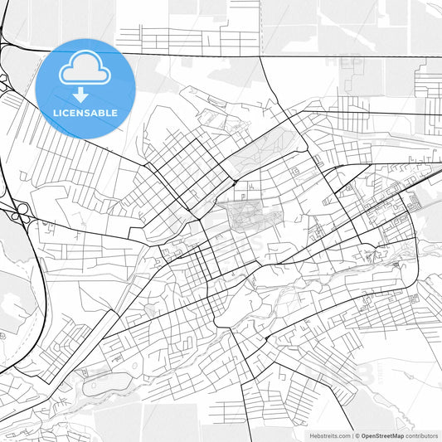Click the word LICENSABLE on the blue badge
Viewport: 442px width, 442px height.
pyautogui.click(x=85, y=113)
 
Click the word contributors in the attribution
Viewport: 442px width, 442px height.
pyautogui.click(x=421, y=435)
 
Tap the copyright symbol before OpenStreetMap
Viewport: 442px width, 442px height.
pyautogui.click(x=357, y=435)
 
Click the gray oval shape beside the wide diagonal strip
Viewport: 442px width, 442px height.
pyautogui.click(x=104, y=383)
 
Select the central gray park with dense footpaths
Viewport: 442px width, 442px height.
pyautogui.click(x=245, y=217)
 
